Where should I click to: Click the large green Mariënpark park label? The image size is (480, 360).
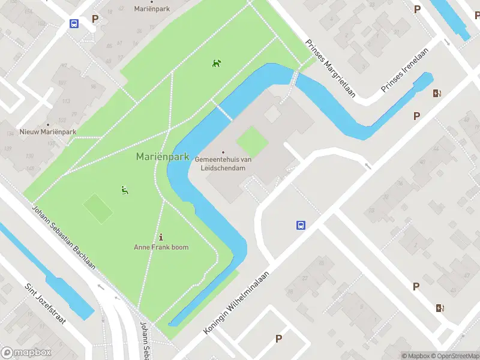(162, 157)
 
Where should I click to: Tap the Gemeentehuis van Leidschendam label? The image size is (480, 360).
(223, 163)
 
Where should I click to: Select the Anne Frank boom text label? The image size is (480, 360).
(161, 247)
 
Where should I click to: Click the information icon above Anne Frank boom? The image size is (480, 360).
(161, 236)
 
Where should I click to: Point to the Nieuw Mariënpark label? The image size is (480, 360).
(48, 131)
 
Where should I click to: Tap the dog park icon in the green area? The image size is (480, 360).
(217, 63)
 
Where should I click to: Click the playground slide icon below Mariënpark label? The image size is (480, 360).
(125, 191)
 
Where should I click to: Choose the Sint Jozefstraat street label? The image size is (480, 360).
(45, 303)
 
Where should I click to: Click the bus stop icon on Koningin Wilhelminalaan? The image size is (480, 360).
(301, 226)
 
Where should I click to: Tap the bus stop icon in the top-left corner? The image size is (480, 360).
(74, 24)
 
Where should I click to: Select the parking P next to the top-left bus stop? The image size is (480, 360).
(95, 19)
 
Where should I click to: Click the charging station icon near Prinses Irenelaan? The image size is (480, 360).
(437, 93)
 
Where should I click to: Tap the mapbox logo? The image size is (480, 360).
(26, 353)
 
